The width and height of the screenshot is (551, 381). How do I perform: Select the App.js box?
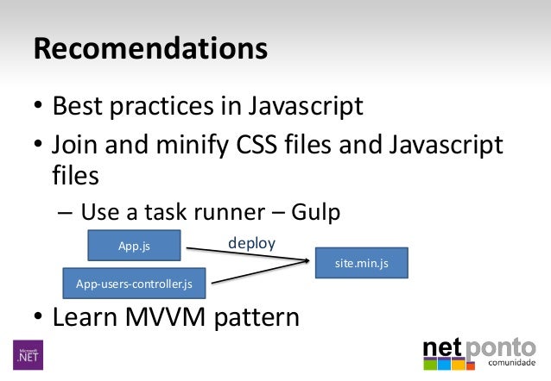(134, 246)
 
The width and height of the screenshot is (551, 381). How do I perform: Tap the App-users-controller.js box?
(134, 283)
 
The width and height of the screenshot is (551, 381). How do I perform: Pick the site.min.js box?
(361, 263)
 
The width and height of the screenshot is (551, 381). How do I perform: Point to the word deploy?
(251, 243)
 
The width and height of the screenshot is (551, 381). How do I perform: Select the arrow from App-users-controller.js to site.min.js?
(259, 273)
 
